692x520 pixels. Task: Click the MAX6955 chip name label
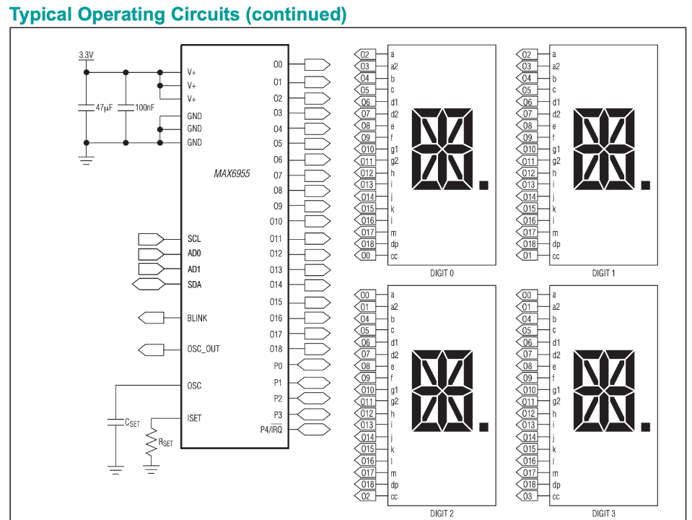pyautogui.click(x=232, y=173)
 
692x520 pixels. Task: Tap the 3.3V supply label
pyautogui.click(x=86, y=55)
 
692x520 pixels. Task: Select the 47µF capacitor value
pyautogui.click(x=104, y=108)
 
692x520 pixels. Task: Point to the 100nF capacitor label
pyautogui.click(x=145, y=108)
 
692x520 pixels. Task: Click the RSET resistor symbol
pyautogui.click(x=151, y=442)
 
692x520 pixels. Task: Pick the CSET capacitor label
pyautogui.click(x=132, y=422)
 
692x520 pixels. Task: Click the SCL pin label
pyautogui.click(x=194, y=238)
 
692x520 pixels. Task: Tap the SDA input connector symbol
pyautogui.click(x=149, y=284)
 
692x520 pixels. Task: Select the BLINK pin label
pyautogui.click(x=197, y=318)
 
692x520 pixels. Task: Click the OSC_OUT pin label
pyautogui.click(x=203, y=349)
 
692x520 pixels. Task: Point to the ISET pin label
pyautogui.click(x=194, y=418)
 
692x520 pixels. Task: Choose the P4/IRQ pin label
pyautogui.click(x=271, y=430)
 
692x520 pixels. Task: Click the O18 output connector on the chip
pyautogui.click(x=317, y=349)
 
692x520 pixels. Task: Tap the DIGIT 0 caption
pyautogui.click(x=442, y=273)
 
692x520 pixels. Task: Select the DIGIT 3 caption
pyautogui.click(x=603, y=513)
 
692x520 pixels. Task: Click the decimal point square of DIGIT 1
pyautogui.click(x=645, y=185)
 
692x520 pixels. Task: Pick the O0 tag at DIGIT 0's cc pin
pyautogui.click(x=365, y=256)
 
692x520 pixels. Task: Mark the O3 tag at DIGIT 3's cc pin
pyautogui.click(x=527, y=495)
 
